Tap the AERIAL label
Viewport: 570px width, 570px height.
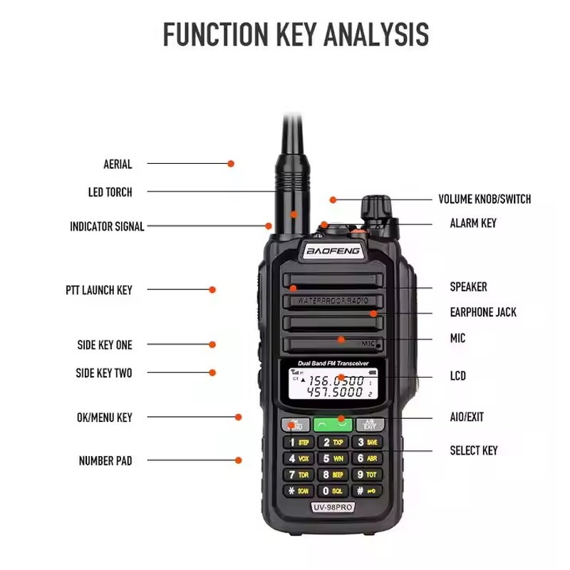pos(118,165)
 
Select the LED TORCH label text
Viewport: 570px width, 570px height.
pos(110,192)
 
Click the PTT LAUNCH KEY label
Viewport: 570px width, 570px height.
pos(98,290)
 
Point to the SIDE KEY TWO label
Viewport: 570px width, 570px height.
pos(104,373)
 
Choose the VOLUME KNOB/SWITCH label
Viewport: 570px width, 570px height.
pos(484,199)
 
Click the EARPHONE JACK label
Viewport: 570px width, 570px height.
pos(483,312)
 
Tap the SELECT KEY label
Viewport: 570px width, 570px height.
pos(473,450)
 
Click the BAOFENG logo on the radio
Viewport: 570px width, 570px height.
pos(333,251)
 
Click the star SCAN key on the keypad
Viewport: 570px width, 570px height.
pos(299,491)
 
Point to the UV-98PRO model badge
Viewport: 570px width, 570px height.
pos(333,507)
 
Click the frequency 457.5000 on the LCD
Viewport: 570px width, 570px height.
pos(335,393)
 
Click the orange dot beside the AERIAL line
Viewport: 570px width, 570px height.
pos(231,164)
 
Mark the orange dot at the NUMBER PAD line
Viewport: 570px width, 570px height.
pos(239,460)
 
